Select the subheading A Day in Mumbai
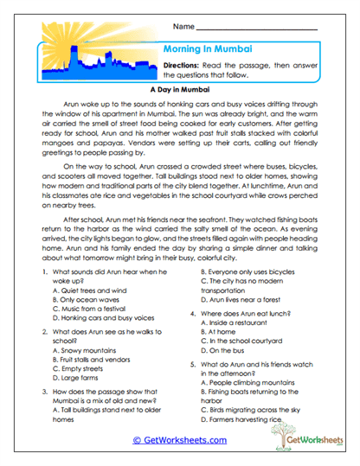[x=179, y=89]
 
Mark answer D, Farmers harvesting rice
[x=243, y=418]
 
